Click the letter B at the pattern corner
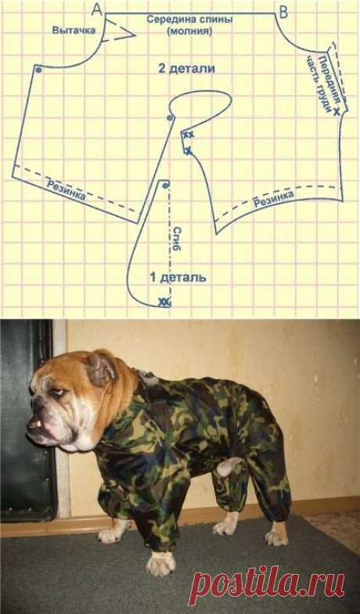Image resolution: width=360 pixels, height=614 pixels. [x=283, y=13]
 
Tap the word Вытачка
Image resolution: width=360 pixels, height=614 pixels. [x=74, y=30]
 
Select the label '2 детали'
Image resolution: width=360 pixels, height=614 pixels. [x=186, y=69]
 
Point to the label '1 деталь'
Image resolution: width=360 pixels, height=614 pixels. [x=178, y=277]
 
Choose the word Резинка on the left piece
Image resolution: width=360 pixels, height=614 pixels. [x=66, y=190]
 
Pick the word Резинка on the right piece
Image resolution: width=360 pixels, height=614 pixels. [x=274, y=200]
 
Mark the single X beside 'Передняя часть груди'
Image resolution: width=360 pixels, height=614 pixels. [x=337, y=112]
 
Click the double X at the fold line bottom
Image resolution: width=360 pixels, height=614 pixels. [x=164, y=302]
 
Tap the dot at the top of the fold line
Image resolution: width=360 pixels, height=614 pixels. [x=166, y=185]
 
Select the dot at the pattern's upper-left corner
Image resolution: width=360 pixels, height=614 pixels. [x=38, y=70]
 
